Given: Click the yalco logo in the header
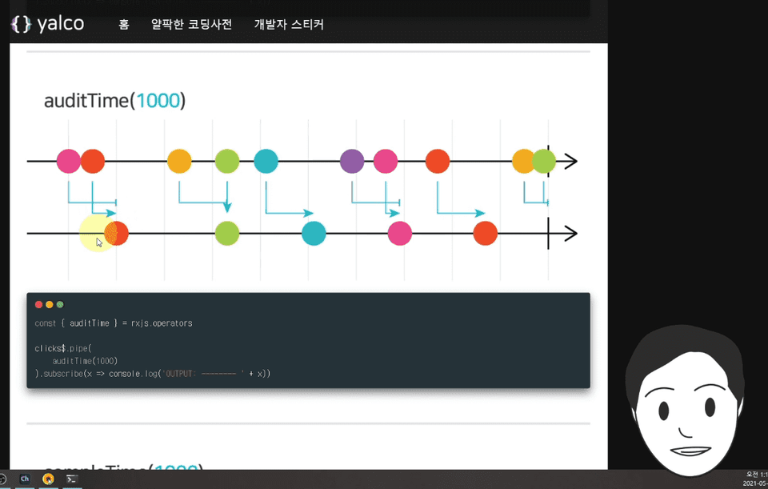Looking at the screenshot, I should [47, 24].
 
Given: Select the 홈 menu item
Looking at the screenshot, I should [124, 25].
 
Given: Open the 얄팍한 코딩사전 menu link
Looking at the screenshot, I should [191, 25].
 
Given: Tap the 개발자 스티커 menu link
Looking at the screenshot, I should [289, 25].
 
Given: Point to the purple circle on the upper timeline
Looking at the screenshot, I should [352, 161].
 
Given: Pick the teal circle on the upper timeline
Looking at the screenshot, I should [266, 161].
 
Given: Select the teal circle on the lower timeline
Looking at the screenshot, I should [314, 234].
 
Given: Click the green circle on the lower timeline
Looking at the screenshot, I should [227, 234].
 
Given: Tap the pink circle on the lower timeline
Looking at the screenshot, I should [399, 234].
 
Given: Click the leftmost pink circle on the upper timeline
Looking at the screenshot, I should [69, 161].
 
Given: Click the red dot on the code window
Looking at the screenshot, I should [38, 304].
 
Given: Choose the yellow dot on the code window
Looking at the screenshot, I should [49, 304].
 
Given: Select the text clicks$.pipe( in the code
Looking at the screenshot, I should [64, 348].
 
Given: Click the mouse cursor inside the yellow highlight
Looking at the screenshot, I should [99, 242].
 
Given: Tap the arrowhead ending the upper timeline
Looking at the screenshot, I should [570, 161].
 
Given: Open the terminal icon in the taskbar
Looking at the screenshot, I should [72, 479].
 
